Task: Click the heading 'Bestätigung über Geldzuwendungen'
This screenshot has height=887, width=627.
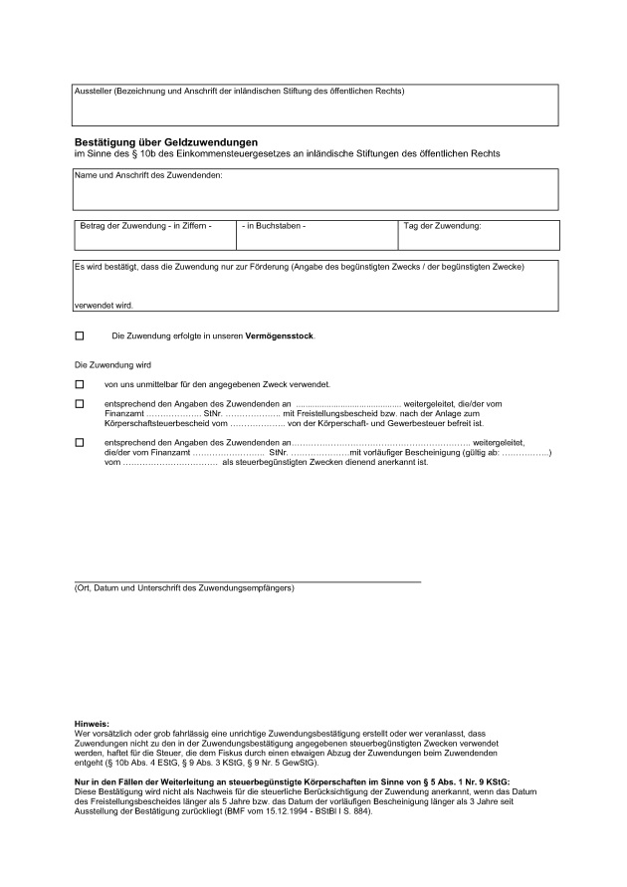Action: pos(166,143)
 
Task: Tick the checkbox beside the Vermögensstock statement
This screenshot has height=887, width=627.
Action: pos(80,336)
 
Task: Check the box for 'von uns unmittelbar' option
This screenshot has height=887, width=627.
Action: pos(80,383)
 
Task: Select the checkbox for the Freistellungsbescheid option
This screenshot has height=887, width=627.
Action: pos(80,403)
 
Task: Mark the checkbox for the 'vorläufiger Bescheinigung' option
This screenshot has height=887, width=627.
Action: pos(80,442)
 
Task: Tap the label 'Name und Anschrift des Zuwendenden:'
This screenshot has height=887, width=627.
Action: pos(148,176)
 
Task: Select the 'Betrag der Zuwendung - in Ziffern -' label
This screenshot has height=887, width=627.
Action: pos(145,226)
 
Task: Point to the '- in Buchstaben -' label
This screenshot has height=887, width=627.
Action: pos(274,226)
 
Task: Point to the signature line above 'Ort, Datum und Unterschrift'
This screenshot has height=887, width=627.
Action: pos(248,580)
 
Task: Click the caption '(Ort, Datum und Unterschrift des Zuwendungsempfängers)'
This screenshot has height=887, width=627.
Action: pos(184,588)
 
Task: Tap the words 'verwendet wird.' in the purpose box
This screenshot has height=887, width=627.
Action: pos(104,305)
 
